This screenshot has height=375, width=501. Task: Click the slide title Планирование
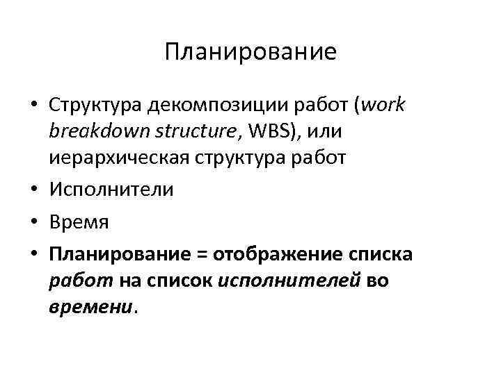click(250, 53)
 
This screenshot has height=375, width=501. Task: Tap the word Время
click(79, 223)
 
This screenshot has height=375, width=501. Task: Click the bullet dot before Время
click(33, 223)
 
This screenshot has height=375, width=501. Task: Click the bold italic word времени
click(90, 307)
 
